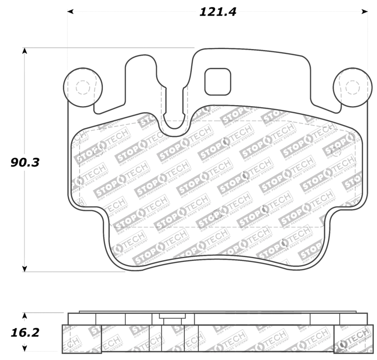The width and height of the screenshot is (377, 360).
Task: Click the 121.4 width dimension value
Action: tap(217, 12)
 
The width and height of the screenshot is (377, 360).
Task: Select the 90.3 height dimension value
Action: tap(25, 162)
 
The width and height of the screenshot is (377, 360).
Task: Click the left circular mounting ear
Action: tap(82, 87)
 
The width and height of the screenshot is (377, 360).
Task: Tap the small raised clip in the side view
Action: tap(168, 317)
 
